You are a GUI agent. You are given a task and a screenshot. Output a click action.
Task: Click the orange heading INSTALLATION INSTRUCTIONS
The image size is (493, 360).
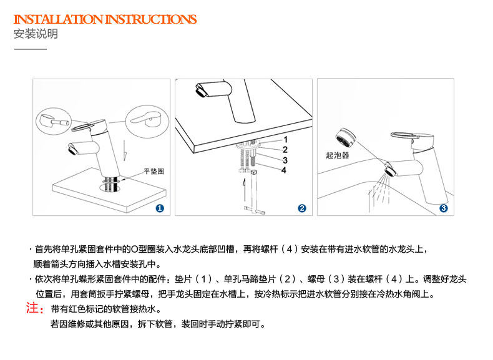click(x=105, y=19)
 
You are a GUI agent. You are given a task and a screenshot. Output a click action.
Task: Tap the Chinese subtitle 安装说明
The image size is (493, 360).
click(x=36, y=34)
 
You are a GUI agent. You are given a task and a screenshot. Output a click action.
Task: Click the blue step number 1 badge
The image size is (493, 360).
click(x=160, y=208)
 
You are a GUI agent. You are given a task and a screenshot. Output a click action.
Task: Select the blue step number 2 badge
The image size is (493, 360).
click(x=302, y=208)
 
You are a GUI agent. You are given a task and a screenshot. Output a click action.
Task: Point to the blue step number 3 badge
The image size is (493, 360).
click(x=444, y=208)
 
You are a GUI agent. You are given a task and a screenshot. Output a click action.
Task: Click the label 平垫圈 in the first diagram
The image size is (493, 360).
click(x=154, y=172)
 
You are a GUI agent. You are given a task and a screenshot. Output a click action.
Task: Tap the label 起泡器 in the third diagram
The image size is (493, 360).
click(x=338, y=155)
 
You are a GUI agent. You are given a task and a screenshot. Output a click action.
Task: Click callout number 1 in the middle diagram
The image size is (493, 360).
click(x=285, y=139)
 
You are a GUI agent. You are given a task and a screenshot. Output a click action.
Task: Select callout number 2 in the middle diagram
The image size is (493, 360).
click(x=285, y=150)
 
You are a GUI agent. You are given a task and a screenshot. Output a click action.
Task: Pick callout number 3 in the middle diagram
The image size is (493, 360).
click(x=285, y=160)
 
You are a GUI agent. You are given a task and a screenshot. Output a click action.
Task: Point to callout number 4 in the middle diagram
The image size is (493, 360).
click(x=284, y=170)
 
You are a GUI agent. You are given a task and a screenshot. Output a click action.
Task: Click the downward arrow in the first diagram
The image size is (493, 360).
click(x=125, y=150)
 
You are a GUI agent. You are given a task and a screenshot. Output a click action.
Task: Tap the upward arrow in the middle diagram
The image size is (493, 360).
click(x=243, y=188)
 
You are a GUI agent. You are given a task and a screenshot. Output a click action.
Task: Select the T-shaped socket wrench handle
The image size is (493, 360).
click(x=255, y=209)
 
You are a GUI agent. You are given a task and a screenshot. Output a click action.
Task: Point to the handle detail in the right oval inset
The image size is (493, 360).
click(x=146, y=120)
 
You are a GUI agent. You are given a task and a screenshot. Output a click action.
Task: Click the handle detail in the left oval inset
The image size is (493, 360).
click(x=54, y=122)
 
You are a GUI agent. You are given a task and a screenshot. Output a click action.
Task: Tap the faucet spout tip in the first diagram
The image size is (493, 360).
click(x=72, y=149)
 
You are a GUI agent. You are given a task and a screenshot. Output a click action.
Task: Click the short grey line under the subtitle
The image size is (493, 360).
click(x=30, y=49)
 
